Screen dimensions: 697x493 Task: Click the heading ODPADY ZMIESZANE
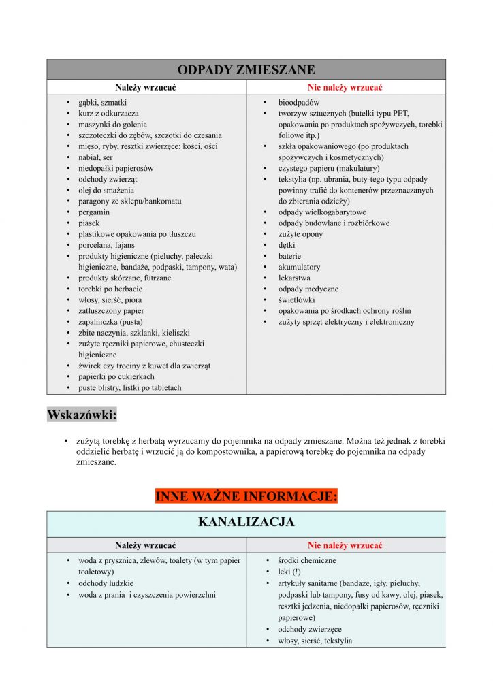click(246, 69)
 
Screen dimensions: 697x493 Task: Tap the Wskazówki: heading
click(82, 415)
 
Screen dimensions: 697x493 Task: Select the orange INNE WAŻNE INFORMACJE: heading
click(246, 496)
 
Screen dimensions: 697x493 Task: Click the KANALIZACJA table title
click(246, 523)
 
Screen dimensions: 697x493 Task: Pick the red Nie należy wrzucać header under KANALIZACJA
click(345, 545)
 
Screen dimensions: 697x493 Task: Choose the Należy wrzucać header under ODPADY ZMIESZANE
click(146, 88)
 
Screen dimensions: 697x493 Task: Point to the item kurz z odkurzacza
click(108, 114)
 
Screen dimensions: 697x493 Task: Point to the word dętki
click(287, 245)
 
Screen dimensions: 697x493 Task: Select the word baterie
click(289, 256)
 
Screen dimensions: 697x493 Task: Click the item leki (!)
click(289, 572)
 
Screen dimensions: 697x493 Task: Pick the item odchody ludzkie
click(106, 583)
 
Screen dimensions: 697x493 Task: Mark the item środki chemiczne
click(306, 561)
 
